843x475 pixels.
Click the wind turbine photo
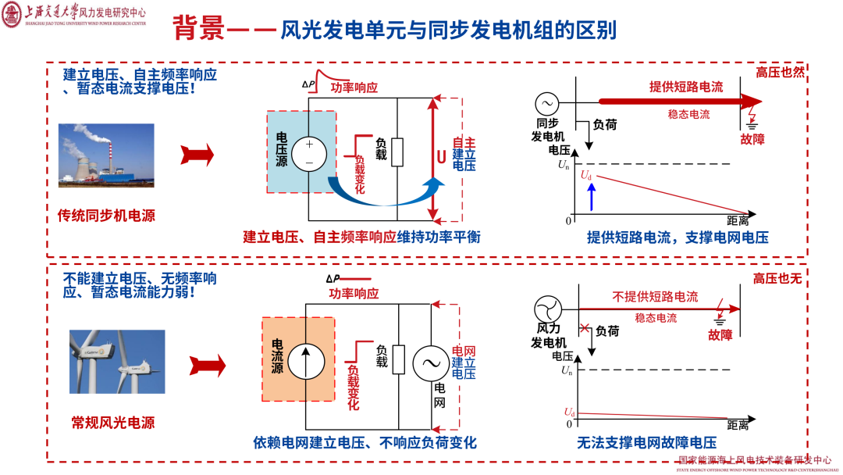116,361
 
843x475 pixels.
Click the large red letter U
441,156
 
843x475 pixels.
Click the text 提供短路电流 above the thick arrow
686,87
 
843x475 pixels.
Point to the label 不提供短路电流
655,297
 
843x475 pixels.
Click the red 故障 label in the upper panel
752,139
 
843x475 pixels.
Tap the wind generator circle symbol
549,309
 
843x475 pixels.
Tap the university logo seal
13,14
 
